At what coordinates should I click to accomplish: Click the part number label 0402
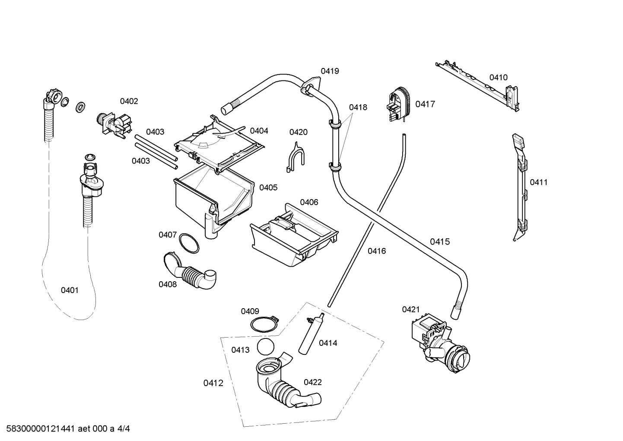pos(129,101)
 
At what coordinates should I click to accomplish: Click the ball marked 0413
pos(265,347)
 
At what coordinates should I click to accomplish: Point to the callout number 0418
pos(358,107)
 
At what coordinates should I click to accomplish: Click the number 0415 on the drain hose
pos(439,241)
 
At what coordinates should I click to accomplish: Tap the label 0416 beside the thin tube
pos(376,251)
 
